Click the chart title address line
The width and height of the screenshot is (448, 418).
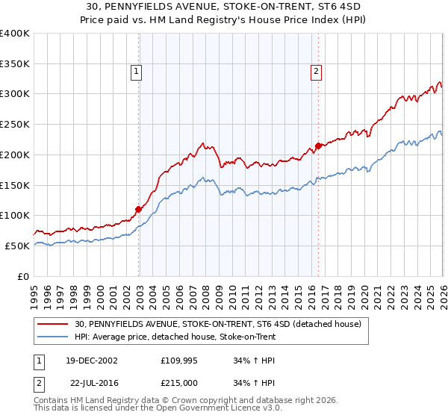(223, 7)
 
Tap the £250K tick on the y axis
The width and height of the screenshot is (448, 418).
(14, 124)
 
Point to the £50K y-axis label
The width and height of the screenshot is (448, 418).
(16, 246)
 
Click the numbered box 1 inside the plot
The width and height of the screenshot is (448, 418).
(137, 72)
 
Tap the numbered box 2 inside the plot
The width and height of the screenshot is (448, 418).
(317, 72)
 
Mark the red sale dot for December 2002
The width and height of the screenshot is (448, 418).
(139, 209)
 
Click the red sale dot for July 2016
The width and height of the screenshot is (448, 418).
(319, 146)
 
